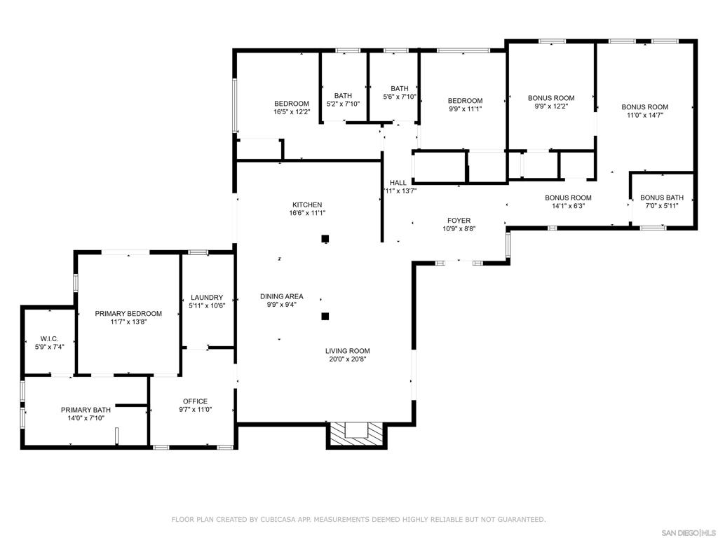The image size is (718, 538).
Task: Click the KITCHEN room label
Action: pos(307,205)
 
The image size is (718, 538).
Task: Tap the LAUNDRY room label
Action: pos(206,297)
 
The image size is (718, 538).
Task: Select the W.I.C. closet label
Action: pos(49,338)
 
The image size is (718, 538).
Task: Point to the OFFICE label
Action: pos(195,401)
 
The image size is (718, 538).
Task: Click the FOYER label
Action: pos(459,221)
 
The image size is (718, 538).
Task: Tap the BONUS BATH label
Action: pos(661,198)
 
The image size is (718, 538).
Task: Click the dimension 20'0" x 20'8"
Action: pos(347,359)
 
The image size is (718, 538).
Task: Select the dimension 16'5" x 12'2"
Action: pos(291,111)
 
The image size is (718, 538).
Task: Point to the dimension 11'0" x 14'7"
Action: pos(644,115)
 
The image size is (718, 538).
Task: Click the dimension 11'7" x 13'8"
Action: pos(128,322)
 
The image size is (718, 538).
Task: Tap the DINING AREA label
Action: pos(282,296)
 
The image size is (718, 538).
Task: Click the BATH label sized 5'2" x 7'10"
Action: pos(343,96)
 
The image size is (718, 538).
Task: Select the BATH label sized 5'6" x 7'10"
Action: pos(400,88)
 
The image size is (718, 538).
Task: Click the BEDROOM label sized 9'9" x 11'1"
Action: pos(465,101)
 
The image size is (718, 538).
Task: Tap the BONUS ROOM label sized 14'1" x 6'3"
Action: pos(568,198)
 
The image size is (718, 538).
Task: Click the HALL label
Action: pos(398,183)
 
